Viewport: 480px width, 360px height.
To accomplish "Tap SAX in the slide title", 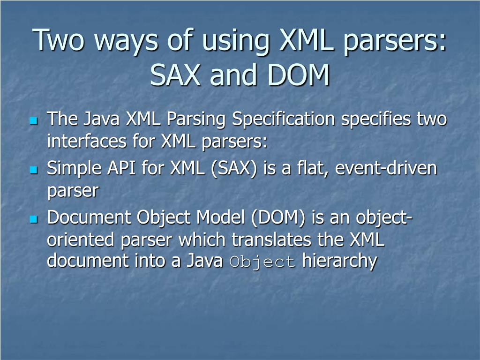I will [x=176, y=75].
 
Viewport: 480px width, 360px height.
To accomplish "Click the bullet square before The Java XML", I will [x=33, y=121].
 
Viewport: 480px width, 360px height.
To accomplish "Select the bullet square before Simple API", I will [x=33, y=170].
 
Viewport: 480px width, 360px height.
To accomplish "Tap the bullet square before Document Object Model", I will [x=33, y=219].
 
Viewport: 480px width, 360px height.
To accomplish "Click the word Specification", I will [x=284, y=120].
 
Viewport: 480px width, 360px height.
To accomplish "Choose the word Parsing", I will [x=197, y=120].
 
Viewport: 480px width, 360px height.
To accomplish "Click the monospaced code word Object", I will [x=262, y=262].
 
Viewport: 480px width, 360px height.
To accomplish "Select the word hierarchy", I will [x=339, y=262].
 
